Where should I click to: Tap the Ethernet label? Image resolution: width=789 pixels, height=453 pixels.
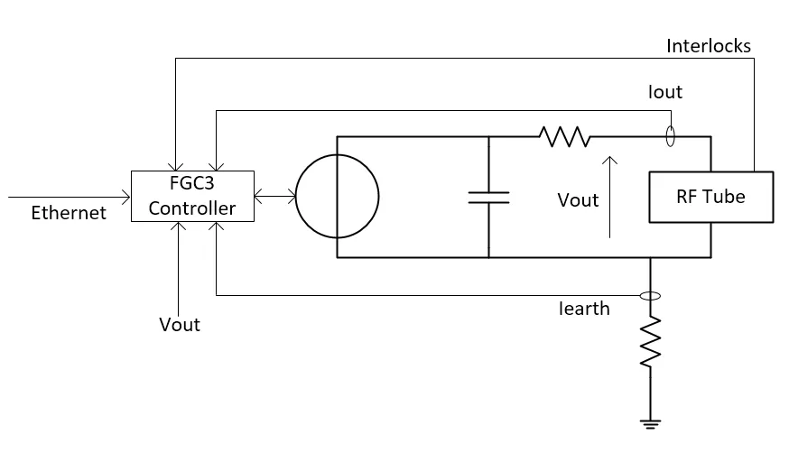pyautogui.click(x=69, y=213)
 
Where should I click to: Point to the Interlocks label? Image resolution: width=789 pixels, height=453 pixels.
pyautogui.click(x=709, y=46)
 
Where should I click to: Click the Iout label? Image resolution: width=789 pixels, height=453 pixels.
pyautogui.click(x=665, y=92)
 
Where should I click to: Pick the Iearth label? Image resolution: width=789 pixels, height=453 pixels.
pyautogui.click(x=584, y=309)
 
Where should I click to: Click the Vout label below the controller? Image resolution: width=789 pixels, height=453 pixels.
pyautogui.click(x=180, y=324)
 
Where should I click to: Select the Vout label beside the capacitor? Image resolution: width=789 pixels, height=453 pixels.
pyautogui.click(x=578, y=200)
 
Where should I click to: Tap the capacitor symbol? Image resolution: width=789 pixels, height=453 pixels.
pyautogui.click(x=488, y=198)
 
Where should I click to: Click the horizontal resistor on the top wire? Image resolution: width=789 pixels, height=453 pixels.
pyautogui.click(x=564, y=136)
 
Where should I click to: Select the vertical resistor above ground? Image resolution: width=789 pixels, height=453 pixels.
pyautogui.click(x=650, y=342)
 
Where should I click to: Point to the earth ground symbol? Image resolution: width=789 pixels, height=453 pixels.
pyautogui.click(x=650, y=424)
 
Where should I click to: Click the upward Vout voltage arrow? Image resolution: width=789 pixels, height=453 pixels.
pyautogui.click(x=610, y=197)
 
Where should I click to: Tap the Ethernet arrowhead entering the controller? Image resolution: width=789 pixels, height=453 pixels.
pyautogui.click(x=125, y=197)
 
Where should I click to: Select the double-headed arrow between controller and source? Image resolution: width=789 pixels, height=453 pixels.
pyautogui.click(x=275, y=196)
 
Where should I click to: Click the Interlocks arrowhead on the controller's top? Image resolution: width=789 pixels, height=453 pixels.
pyautogui.click(x=176, y=166)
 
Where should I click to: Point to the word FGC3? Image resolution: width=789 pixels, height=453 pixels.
pyautogui.click(x=191, y=183)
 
